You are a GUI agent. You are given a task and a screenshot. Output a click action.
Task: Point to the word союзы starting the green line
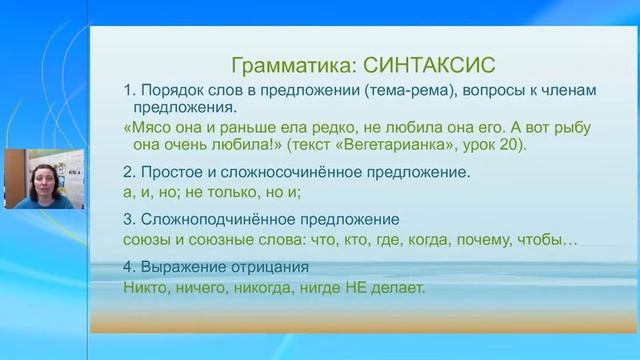tap(147, 240)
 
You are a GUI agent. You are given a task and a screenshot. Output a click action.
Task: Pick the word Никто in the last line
tap(145, 288)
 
